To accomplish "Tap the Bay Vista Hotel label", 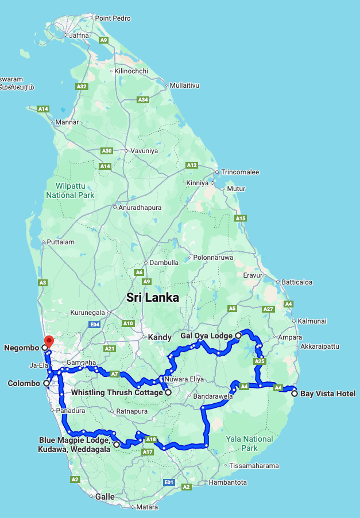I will [328, 394].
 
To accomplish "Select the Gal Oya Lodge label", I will [206, 336].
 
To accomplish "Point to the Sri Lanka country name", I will [152, 298].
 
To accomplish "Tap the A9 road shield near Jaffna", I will [103, 40].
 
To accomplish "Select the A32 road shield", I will [82, 87].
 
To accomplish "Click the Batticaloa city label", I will [296, 282].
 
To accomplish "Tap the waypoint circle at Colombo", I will [45, 383].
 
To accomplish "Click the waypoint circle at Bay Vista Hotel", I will [295, 394].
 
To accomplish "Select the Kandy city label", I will [160, 337].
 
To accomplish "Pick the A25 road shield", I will [260, 361].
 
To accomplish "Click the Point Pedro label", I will [113, 18].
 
